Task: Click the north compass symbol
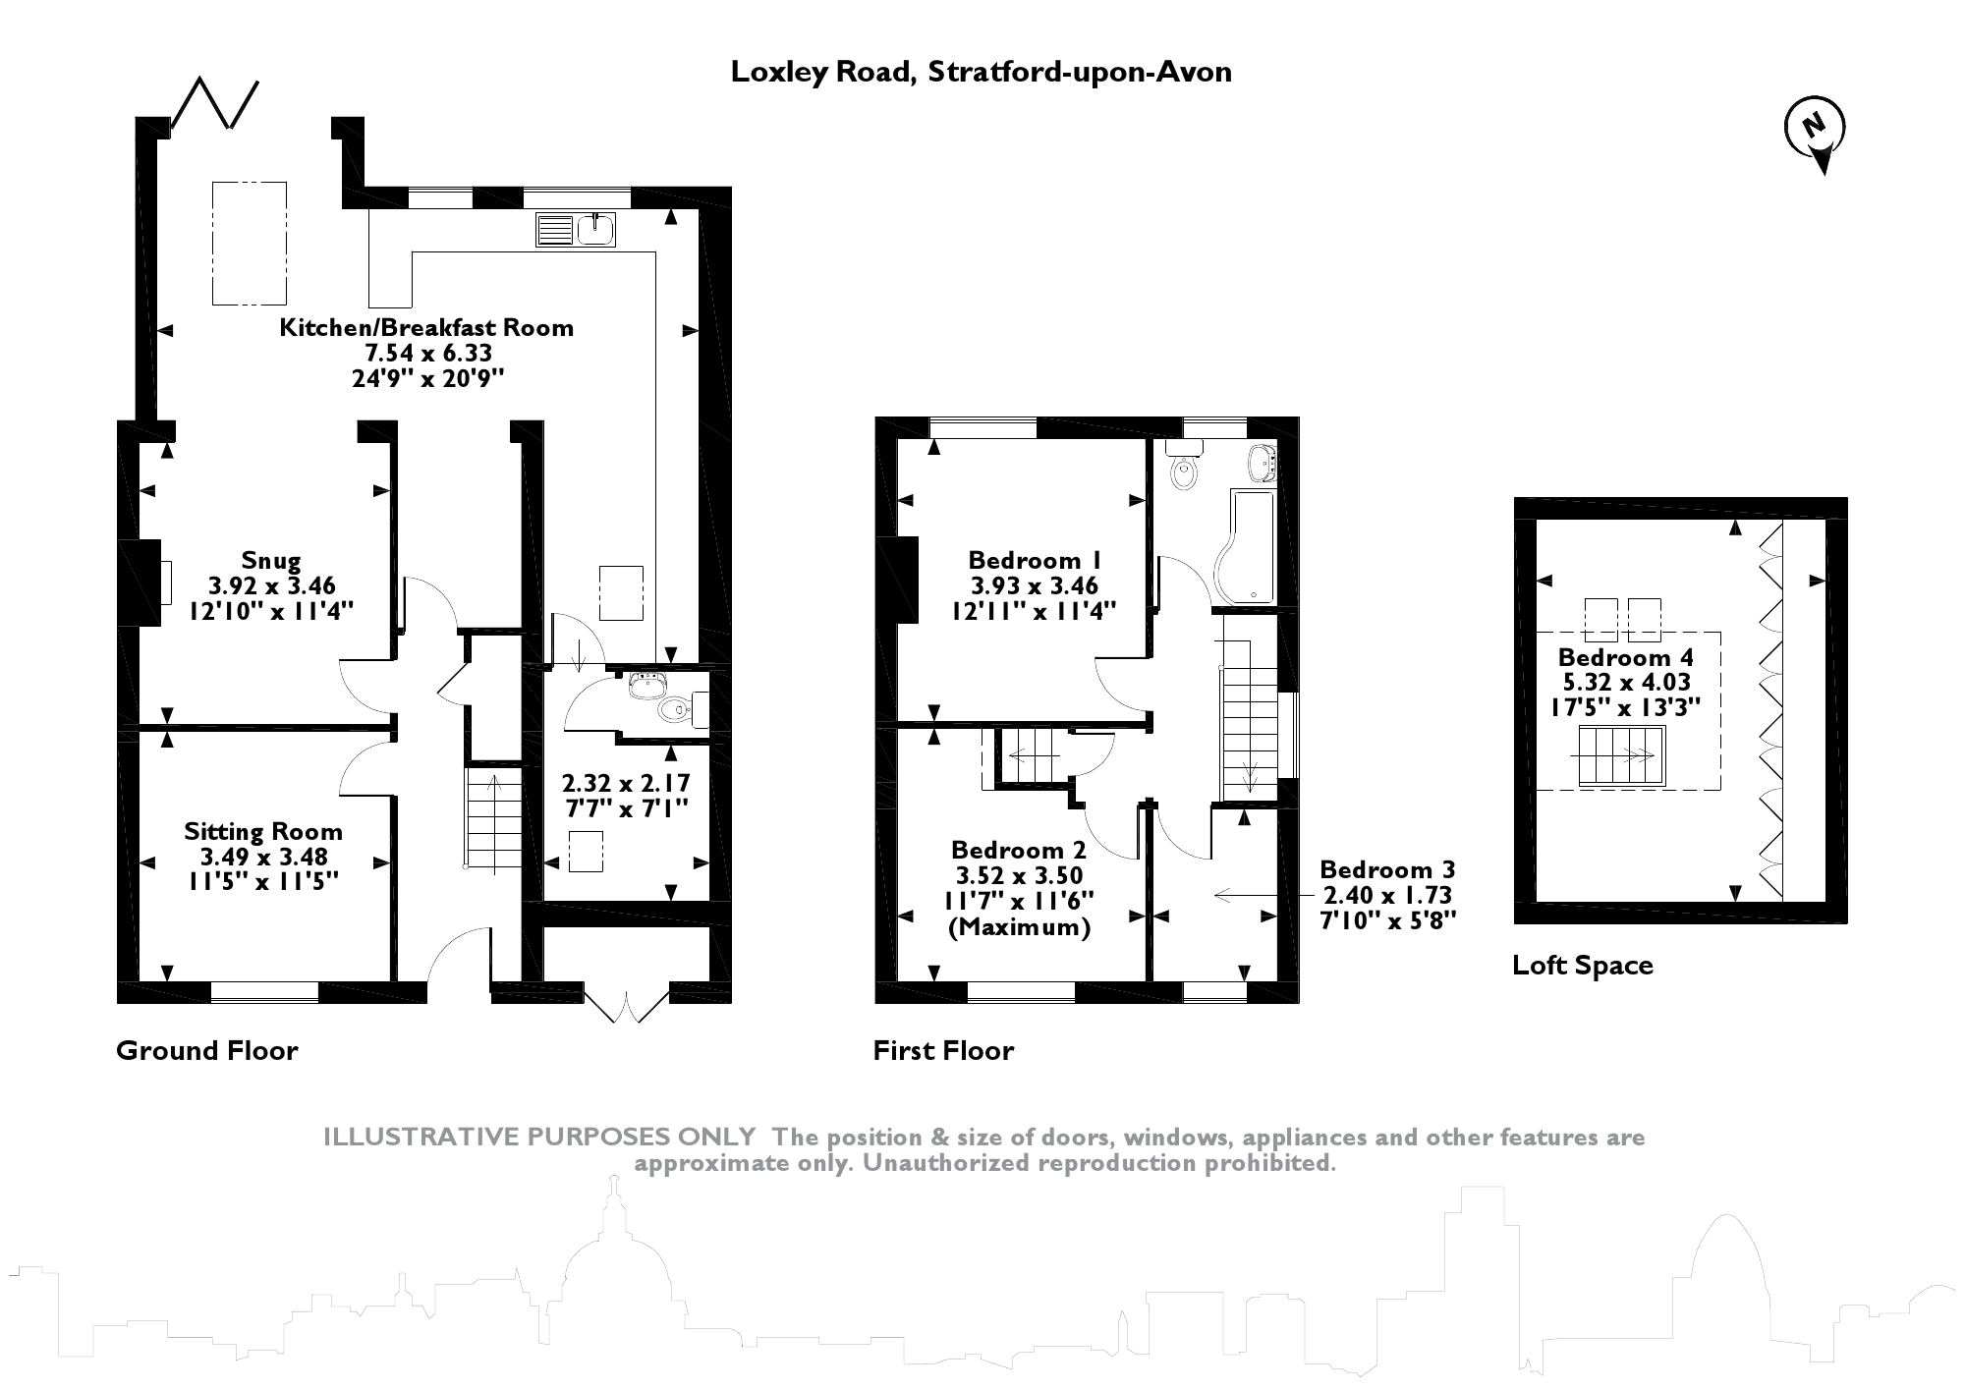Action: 1815,129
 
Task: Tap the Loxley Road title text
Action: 981,72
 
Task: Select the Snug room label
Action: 271,561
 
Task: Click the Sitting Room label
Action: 263,832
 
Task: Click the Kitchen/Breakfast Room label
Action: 426,328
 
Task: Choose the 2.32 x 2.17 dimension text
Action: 626,784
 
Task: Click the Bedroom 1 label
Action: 1035,561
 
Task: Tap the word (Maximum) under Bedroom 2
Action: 1019,927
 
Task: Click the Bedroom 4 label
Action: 1625,658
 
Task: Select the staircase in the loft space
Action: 1621,756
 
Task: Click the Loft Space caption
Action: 1582,966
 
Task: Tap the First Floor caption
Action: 943,1051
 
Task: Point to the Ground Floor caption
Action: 206,1051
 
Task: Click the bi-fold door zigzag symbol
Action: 215,102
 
